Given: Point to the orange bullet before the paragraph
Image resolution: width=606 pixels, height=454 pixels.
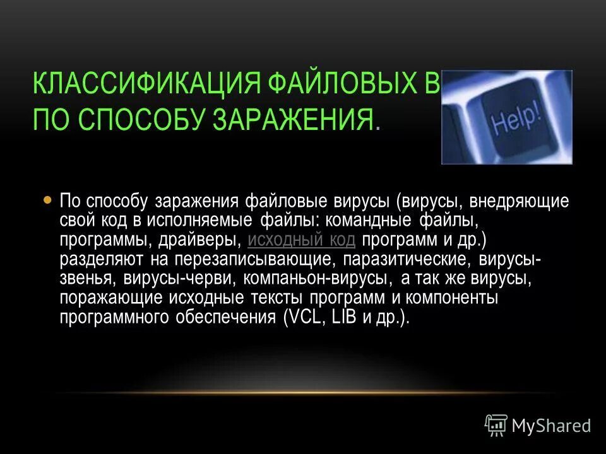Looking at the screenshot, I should tap(47, 200).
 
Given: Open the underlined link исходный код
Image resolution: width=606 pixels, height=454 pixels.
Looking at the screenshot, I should tap(302, 240).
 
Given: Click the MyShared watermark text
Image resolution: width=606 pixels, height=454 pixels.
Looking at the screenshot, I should tap(551, 426).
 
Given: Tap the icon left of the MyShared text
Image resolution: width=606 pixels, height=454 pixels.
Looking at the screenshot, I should tap(496, 426).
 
